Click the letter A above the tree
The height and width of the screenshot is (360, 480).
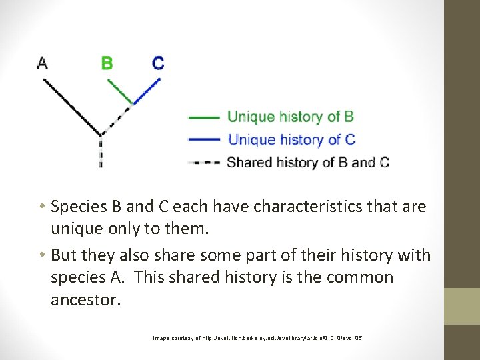[42, 63]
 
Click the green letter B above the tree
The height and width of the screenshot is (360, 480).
[107, 63]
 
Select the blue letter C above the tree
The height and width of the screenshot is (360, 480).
[158, 63]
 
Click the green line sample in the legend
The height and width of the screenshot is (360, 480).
[204, 117]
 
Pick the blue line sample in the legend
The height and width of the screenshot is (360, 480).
[204, 139]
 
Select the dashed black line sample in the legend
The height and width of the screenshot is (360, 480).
[204, 162]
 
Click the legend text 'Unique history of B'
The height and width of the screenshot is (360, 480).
[291, 117]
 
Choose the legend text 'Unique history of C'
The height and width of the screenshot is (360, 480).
[291, 139]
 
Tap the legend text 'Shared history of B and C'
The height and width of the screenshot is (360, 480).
[308, 162]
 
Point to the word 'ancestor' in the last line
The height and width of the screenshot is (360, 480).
[86, 300]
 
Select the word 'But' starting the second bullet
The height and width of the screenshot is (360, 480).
[64, 255]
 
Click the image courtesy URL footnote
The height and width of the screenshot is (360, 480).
[257, 338]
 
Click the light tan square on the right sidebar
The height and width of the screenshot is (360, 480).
[462, 306]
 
